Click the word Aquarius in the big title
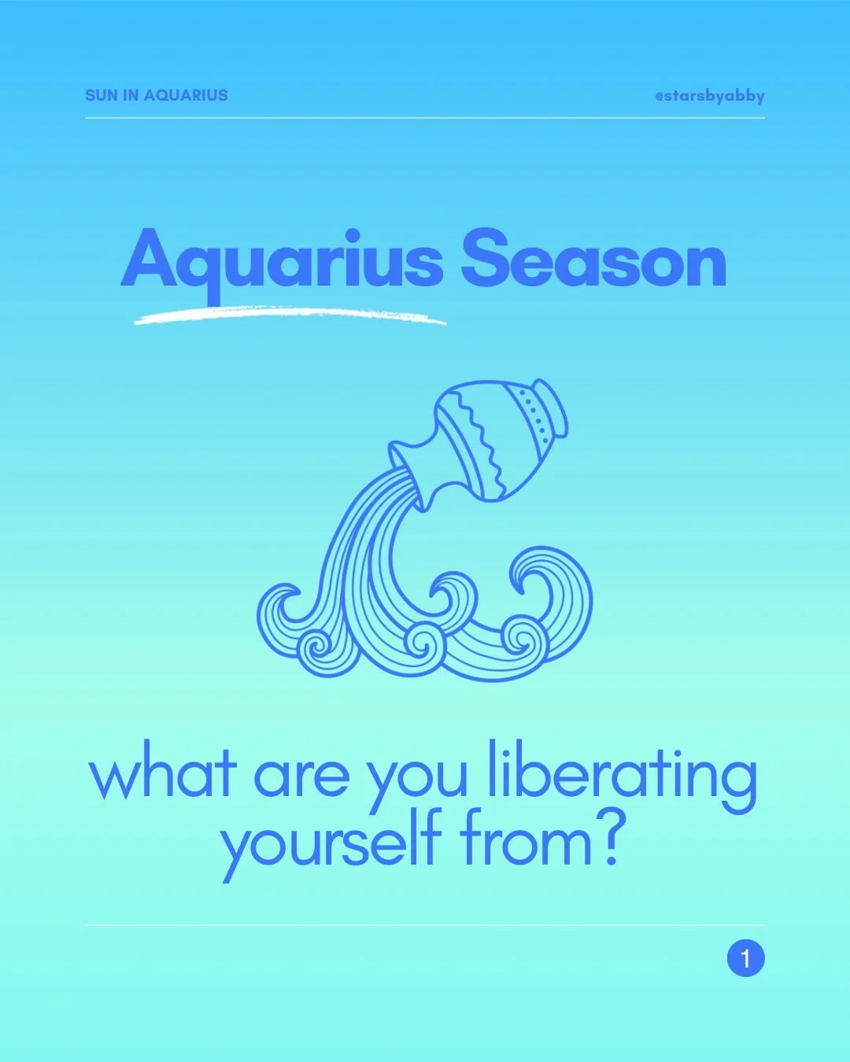281,260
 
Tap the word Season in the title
593,260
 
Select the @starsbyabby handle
709,96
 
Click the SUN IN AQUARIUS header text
156,95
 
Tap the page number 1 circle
745,958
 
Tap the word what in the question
162,775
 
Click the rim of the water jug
553,407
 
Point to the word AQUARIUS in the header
186,95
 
